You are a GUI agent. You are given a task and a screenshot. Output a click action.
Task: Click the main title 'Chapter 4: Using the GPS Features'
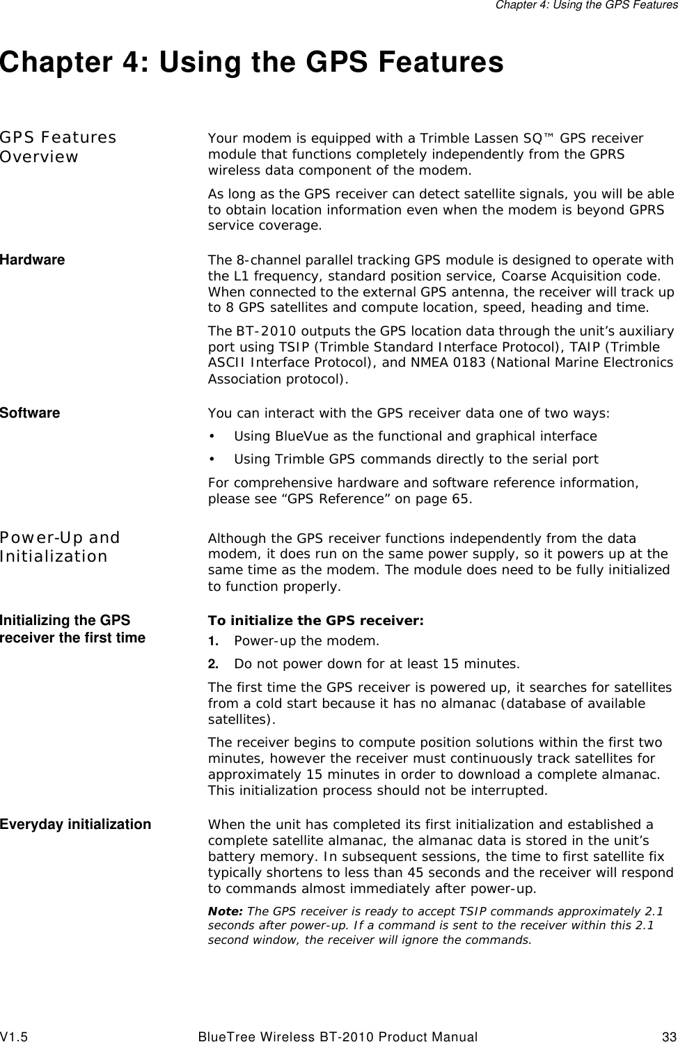click(x=252, y=63)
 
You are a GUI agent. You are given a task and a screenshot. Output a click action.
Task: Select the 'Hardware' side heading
click(x=33, y=260)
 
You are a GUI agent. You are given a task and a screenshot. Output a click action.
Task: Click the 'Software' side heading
click(x=30, y=413)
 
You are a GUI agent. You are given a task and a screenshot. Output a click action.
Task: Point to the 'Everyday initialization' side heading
click(x=75, y=824)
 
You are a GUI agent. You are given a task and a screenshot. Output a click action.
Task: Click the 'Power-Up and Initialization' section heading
click(x=60, y=546)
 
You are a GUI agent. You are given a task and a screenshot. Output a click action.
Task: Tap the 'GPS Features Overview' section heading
click(x=58, y=147)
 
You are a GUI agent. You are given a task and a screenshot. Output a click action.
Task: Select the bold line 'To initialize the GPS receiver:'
click(x=316, y=621)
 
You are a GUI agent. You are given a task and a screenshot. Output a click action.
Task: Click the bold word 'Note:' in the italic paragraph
click(x=226, y=911)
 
